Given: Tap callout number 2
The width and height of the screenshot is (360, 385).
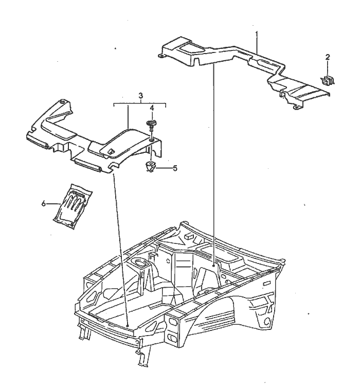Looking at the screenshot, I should point(328,57).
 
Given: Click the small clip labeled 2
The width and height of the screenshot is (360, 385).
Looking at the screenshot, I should point(328,79).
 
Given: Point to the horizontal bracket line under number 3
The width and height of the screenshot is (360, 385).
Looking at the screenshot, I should point(139,104).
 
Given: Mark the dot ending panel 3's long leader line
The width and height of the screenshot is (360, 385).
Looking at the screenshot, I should point(127,325).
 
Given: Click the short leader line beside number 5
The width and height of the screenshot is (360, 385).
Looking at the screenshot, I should point(164,167).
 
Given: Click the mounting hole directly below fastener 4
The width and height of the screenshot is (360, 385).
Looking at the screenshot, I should point(152,139).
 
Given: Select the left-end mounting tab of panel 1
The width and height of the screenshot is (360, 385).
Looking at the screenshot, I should point(161,55).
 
